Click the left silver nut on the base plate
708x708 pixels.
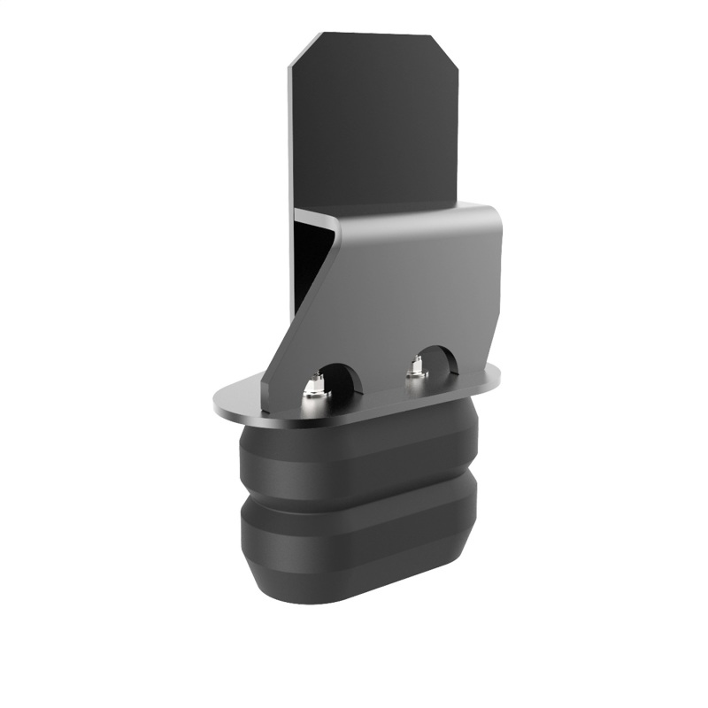[x=312, y=386]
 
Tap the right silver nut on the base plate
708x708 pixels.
[x=416, y=370]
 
